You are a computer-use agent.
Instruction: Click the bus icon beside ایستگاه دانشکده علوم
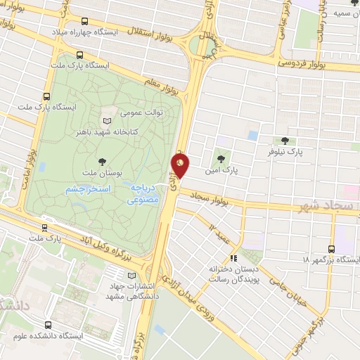[x=48, y=326]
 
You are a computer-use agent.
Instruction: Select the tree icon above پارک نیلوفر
[x=284, y=141]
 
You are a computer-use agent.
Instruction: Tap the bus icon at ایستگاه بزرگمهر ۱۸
[x=333, y=248]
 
